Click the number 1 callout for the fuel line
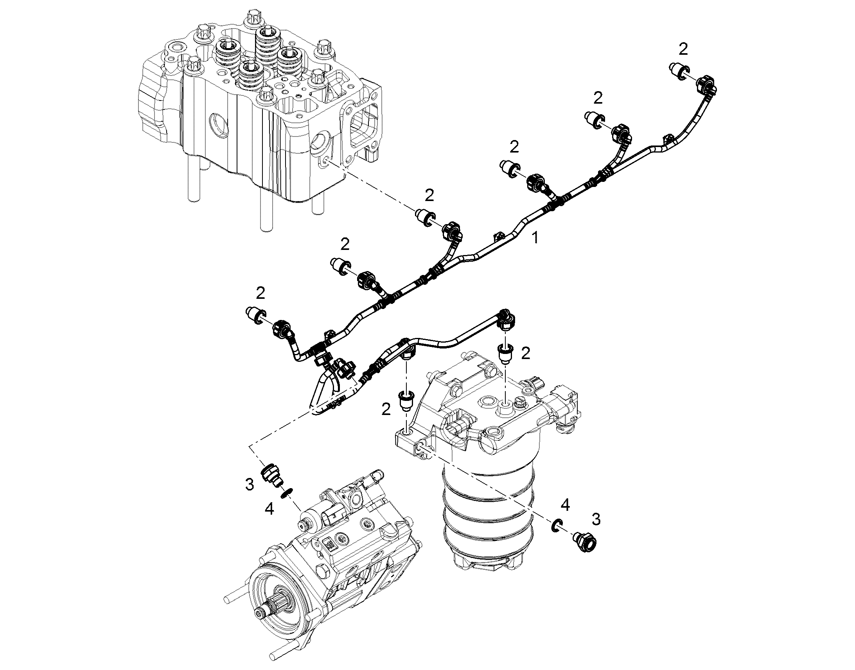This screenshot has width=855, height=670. tap(535, 237)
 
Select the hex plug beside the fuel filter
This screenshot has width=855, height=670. tap(587, 543)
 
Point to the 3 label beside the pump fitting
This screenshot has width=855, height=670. tap(250, 485)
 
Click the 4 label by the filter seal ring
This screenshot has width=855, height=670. tap(565, 505)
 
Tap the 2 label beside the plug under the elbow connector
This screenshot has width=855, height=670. tap(526, 354)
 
